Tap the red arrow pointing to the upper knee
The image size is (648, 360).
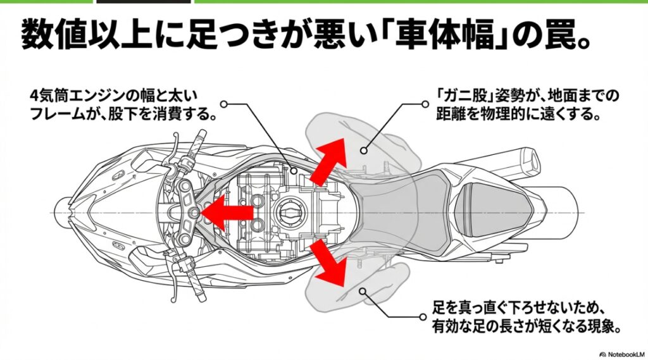coord(330,159)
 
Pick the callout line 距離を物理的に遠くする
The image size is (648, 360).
coord(518,116)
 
